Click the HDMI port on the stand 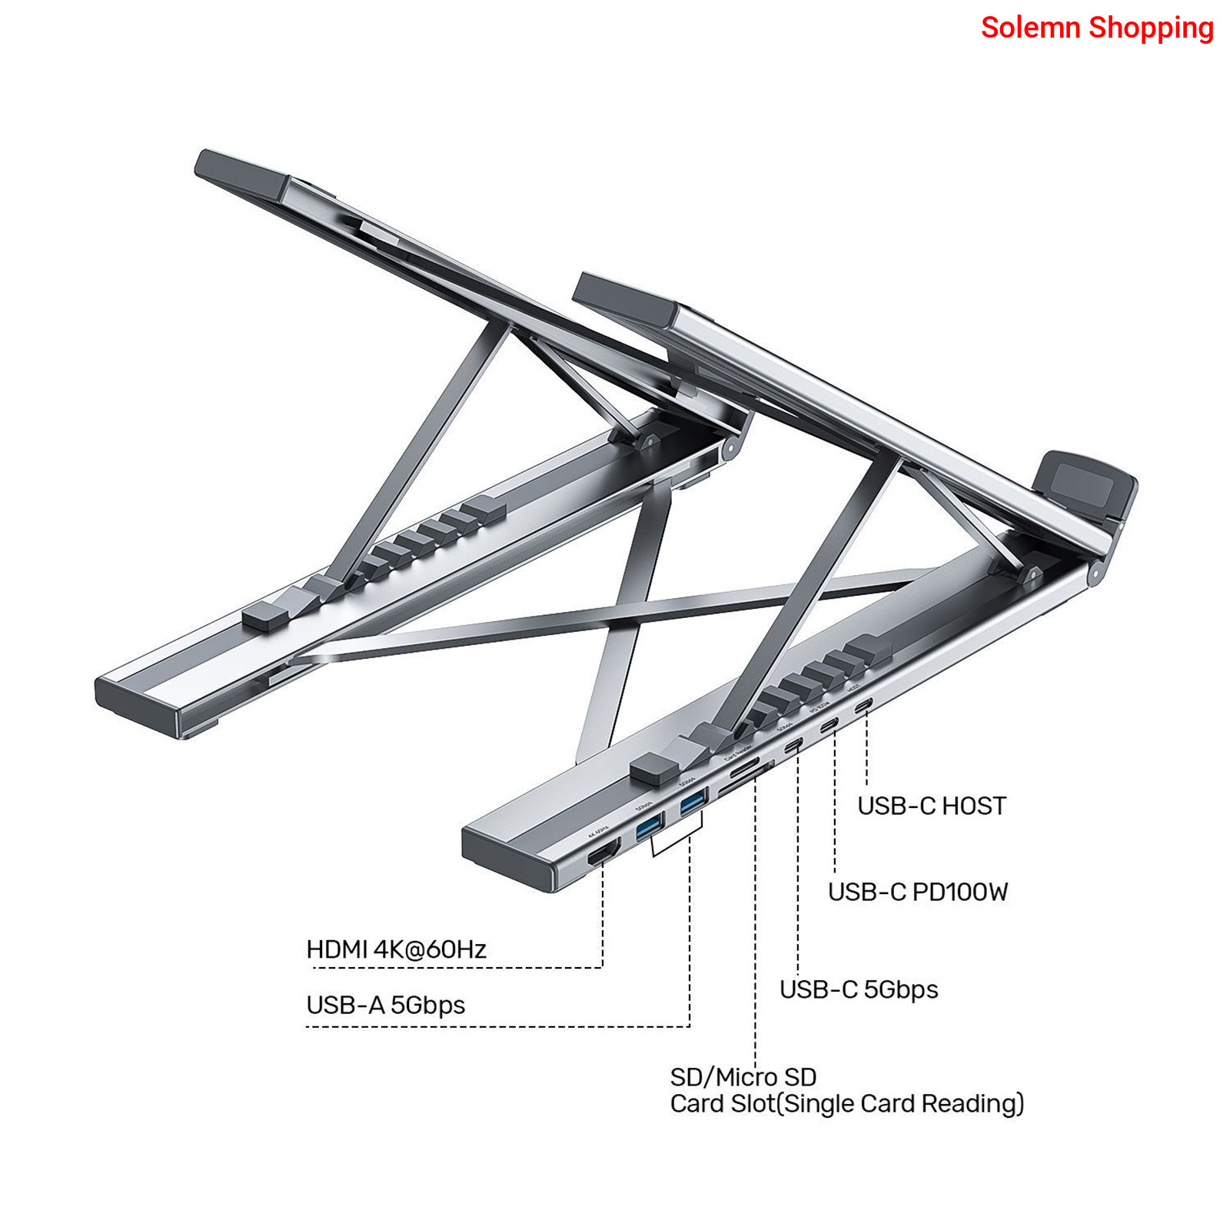click(x=603, y=853)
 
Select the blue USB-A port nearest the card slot click(x=693, y=802)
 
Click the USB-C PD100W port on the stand click(x=829, y=725)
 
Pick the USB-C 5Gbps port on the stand click(x=793, y=745)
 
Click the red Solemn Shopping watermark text click(x=1097, y=28)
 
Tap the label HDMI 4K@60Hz click(x=396, y=949)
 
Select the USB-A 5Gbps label click(x=385, y=1006)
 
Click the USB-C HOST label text click(x=931, y=806)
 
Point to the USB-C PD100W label click(x=917, y=892)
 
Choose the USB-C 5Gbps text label click(x=858, y=989)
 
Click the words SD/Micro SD click(x=743, y=1076)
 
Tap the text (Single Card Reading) click(x=900, y=1104)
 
